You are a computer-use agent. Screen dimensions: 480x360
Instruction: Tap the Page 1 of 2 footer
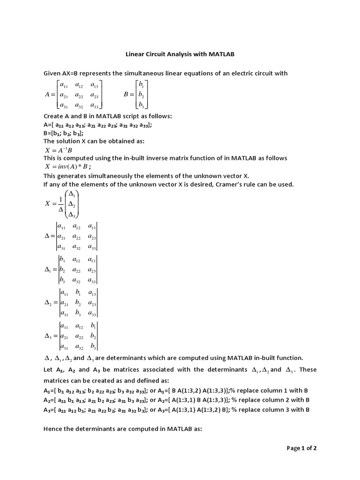coord(301,448)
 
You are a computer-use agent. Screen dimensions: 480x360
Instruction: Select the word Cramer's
coord(242,184)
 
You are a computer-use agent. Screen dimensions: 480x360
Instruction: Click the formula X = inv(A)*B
coord(67,166)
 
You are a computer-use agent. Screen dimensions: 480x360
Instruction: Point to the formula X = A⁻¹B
coord(59,150)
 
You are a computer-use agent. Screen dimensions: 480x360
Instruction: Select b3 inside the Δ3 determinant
coord(93,347)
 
